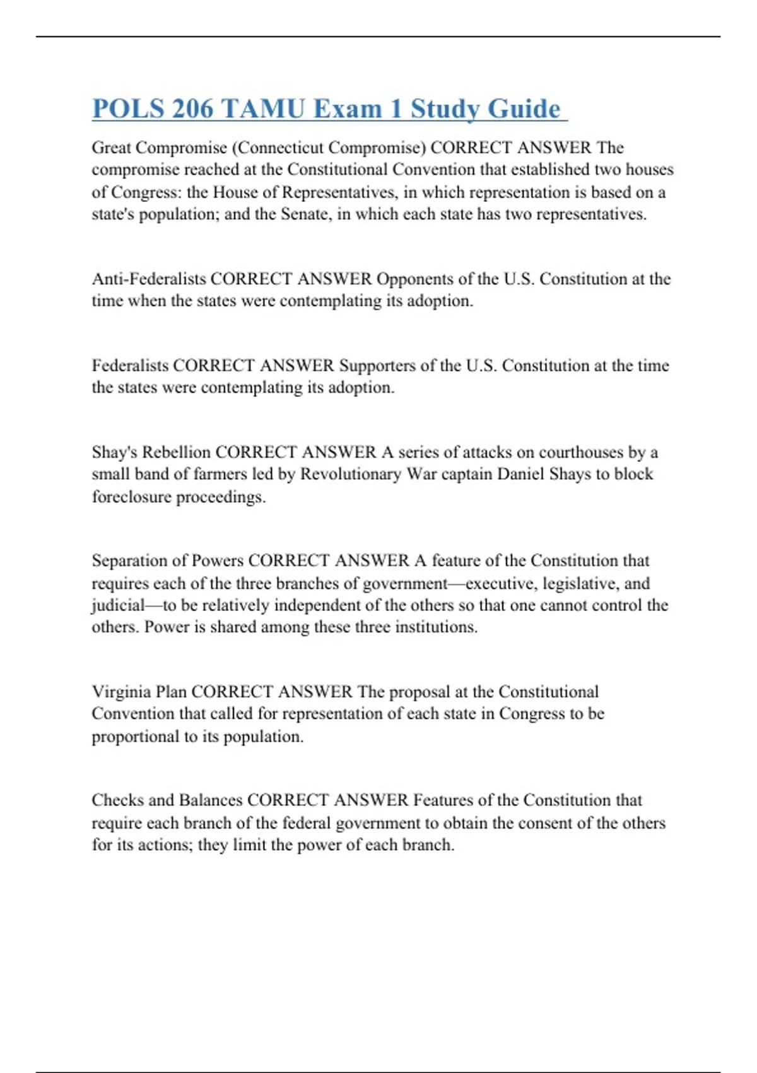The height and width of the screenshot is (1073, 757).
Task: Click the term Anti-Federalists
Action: click(148, 279)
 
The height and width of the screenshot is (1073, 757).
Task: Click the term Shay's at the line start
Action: click(114, 453)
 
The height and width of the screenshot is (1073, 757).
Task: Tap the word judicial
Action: click(118, 605)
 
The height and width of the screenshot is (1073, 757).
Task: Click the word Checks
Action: click(117, 800)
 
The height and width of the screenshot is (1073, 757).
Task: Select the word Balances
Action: click(211, 800)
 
